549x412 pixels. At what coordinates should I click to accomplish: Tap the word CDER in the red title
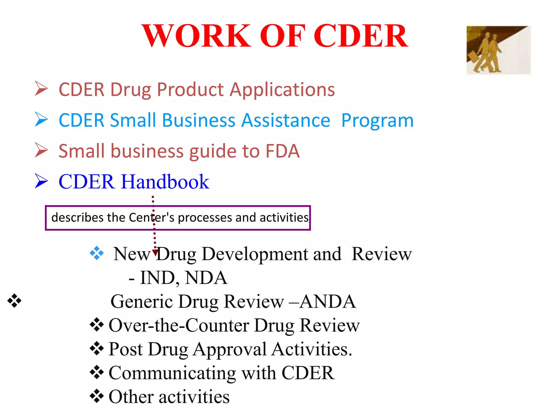point(361,36)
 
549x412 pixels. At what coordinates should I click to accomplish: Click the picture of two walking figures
point(498,50)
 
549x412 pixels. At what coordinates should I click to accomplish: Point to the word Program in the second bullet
point(377,121)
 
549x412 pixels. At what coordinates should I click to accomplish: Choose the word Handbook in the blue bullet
point(165,182)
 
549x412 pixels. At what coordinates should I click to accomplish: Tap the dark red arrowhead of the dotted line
point(155,252)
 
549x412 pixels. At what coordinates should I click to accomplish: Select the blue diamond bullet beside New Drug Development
point(97,253)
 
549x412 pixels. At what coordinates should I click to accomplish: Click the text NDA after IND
point(206,278)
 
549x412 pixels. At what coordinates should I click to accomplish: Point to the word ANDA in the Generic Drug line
point(328,301)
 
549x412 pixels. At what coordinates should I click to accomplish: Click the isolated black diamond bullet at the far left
point(14,301)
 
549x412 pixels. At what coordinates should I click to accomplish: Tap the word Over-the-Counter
point(179,325)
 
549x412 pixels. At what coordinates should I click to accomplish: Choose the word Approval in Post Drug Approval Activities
point(229,349)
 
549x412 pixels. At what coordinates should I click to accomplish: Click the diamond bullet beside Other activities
point(97,396)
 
